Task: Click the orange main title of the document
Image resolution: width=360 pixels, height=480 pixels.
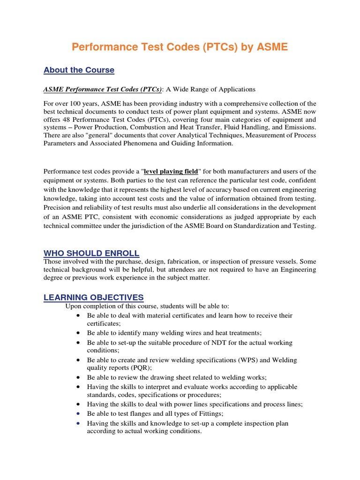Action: coord(180,47)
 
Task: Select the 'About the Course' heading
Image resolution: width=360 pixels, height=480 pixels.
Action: coord(79,70)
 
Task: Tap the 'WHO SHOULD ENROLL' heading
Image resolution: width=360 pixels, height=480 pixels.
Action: coord(91,254)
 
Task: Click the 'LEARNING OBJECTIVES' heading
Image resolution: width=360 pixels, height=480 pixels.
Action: coord(94,298)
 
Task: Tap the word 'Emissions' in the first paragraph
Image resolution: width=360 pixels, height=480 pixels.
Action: coord(299,127)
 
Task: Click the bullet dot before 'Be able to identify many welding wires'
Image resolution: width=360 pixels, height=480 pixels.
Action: coord(77,333)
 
